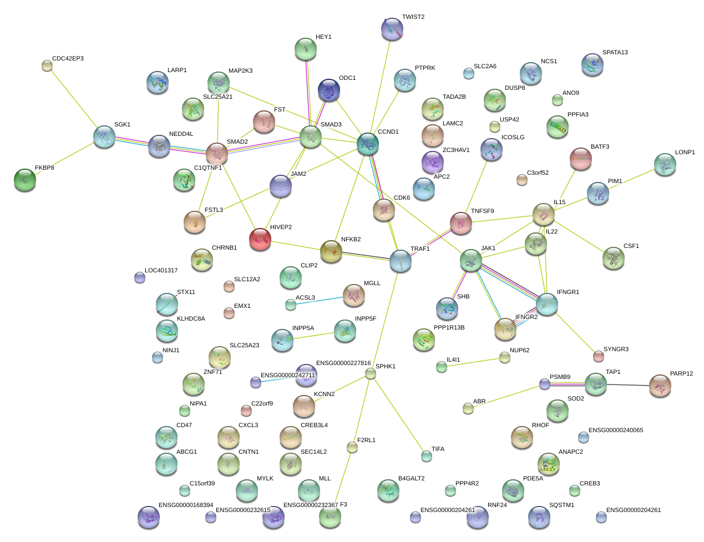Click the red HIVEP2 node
[x=260, y=240]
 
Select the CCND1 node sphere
[x=368, y=144]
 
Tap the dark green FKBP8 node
[x=25, y=180]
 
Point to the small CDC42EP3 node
[x=47, y=66]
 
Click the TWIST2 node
[x=392, y=29]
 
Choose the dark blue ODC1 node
[x=329, y=90]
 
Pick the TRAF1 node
[x=401, y=261]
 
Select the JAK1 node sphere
[x=471, y=261]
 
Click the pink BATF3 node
[x=581, y=159]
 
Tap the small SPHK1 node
[x=371, y=373]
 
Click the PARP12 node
[x=660, y=386]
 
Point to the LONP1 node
[x=665, y=165]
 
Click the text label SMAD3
[x=331, y=124]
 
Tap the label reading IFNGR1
[x=568, y=292]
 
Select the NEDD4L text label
[x=181, y=134]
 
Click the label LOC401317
[x=161, y=270]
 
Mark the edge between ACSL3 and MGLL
[x=317, y=301]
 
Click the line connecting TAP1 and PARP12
[x=628, y=385]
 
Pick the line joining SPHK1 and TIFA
[x=399, y=415]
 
